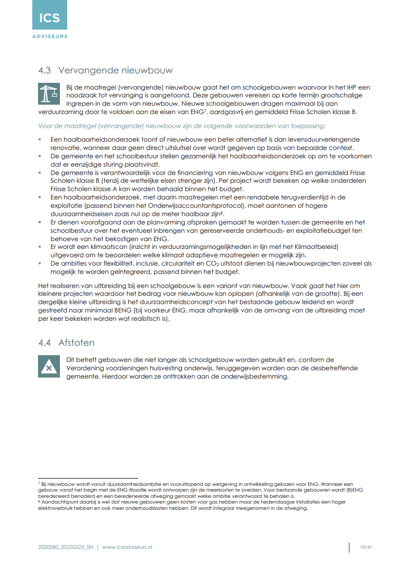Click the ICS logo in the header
tap(49, 20)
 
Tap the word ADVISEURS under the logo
tap(49, 36)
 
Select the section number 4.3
tap(45, 70)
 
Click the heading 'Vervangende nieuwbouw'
tap(115, 70)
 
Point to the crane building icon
tap(49, 94)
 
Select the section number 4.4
tap(45, 343)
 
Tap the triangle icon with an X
tap(49, 367)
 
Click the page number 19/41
tap(366, 547)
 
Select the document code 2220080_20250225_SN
tap(66, 547)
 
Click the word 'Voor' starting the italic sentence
tap(44, 126)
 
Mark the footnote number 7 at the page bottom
tap(40, 484)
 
